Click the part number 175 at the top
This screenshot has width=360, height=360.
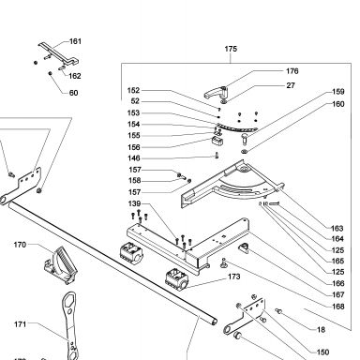tap(231, 49)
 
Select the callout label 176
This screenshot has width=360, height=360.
tap(292, 71)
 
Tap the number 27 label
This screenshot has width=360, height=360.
tap(291, 85)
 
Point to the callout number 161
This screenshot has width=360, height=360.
tap(75, 41)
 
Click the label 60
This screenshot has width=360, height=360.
tap(73, 93)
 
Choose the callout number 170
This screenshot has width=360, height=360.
tap(20, 245)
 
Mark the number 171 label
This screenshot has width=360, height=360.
tap(20, 324)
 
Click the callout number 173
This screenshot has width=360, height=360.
tap(234, 277)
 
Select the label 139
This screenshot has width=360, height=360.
tap(134, 203)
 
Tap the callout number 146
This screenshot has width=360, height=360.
tap(134, 158)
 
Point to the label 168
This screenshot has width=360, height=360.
tap(337, 307)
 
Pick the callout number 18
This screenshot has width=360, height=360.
tap(321, 330)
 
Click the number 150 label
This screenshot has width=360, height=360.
tap(322, 352)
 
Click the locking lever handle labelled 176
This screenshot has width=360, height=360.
tap(217, 92)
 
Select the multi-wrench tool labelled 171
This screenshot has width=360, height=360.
tap(70, 325)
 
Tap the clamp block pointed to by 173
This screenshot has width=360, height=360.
tap(176, 277)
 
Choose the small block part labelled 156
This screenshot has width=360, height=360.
tap(217, 141)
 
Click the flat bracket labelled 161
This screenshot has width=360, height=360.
tap(59, 53)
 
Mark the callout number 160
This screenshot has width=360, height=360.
tap(337, 104)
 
